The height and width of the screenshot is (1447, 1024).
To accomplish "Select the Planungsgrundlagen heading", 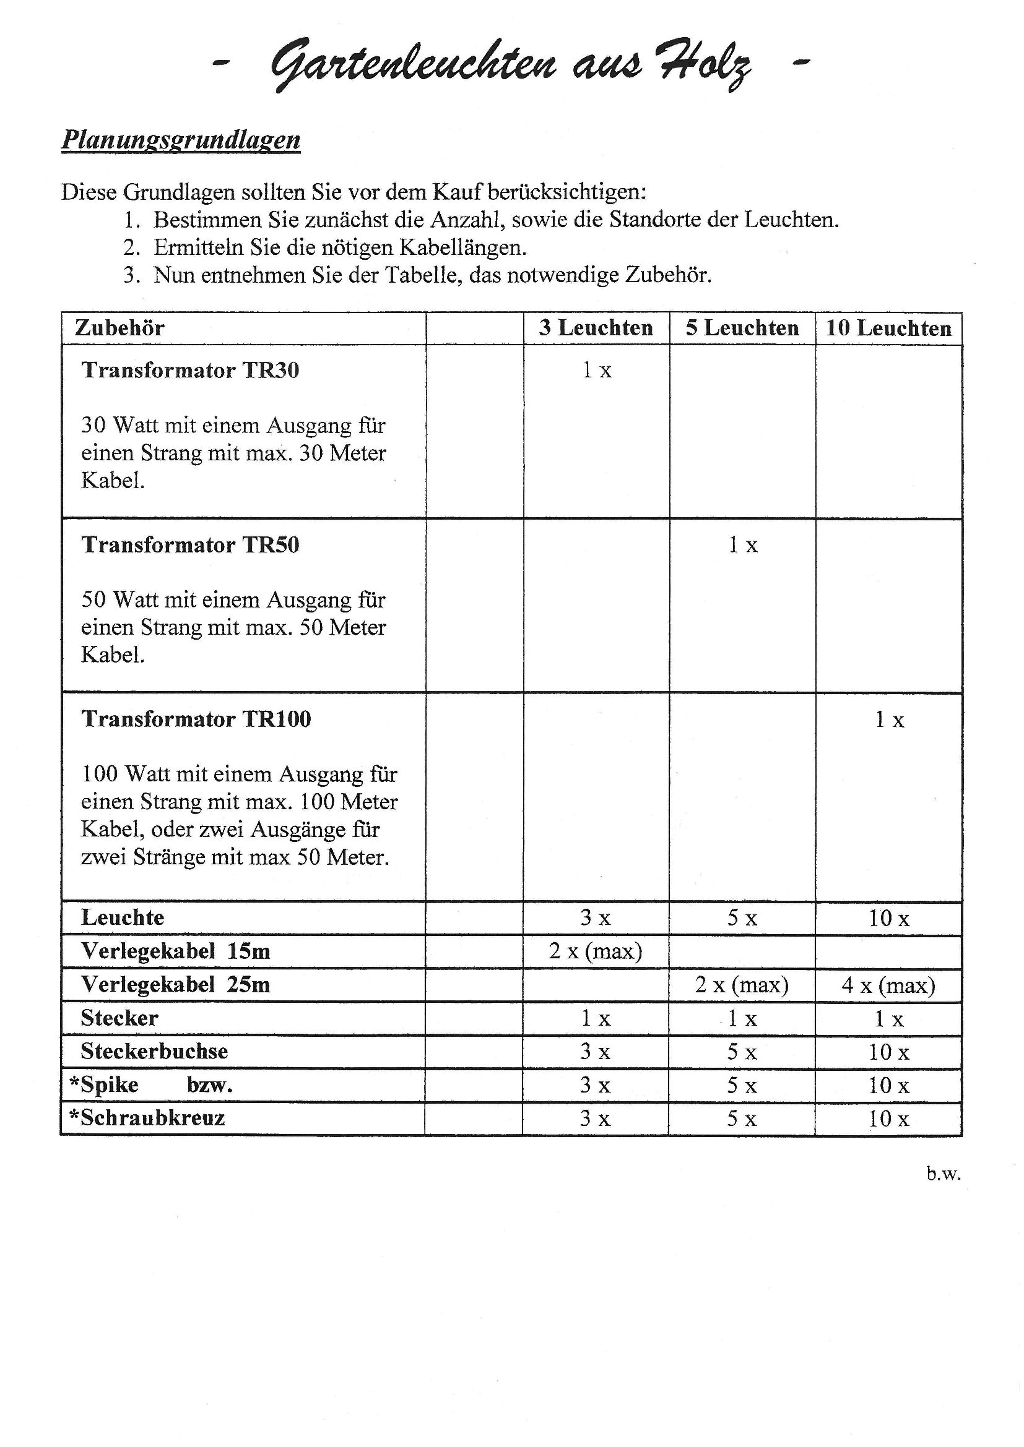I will point(180,139).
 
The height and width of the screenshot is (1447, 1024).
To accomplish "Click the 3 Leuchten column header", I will point(596,328).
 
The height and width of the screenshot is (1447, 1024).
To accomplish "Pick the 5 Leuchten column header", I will point(742,328).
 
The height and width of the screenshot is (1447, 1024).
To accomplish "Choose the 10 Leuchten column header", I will point(888,328).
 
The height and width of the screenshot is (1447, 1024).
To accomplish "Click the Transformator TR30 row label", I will point(190,370).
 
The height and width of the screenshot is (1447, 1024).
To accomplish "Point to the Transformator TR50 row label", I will point(190,544).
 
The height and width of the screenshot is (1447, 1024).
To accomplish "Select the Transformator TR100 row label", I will point(196,719).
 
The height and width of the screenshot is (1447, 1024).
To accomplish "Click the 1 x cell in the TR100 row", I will point(889,719).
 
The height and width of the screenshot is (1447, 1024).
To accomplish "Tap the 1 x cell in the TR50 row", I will point(743,545).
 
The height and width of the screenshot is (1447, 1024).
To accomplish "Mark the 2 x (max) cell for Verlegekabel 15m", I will point(595,951).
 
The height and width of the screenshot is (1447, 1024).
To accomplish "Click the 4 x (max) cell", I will point(888,984).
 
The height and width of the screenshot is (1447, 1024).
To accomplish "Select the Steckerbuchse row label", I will point(154,1051).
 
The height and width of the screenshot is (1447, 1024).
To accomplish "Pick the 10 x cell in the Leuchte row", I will point(889,918).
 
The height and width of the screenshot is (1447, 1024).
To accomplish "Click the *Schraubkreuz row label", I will point(147,1118).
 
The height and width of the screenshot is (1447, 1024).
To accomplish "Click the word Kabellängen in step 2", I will point(466,247).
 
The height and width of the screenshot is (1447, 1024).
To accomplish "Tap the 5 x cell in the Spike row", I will point(742,1085).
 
